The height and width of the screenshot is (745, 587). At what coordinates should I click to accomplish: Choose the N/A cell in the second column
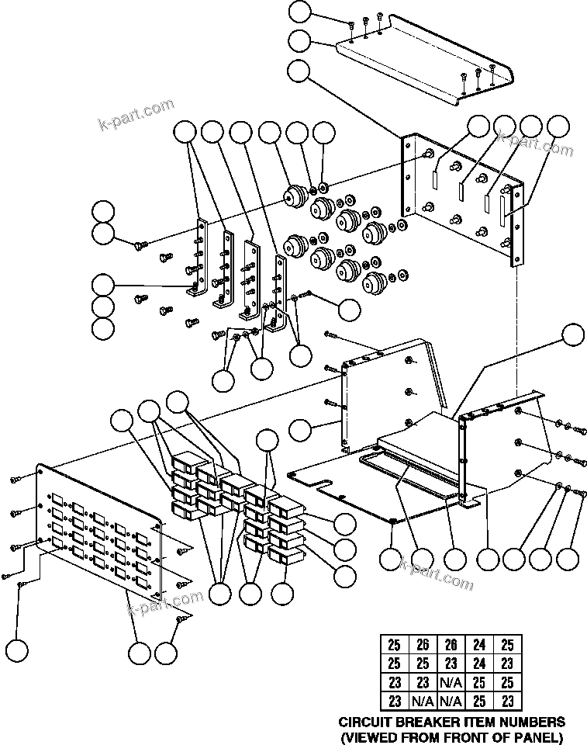click(x=423, y=701)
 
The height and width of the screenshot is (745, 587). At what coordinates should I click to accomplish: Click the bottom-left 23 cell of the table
click(x=394, y=701)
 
